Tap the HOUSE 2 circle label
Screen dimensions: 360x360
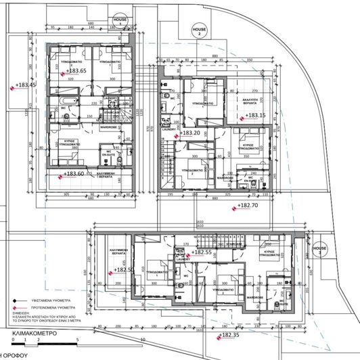199,31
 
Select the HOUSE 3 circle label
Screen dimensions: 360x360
323,250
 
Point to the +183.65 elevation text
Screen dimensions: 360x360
76,70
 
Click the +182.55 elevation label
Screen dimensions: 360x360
202,252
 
